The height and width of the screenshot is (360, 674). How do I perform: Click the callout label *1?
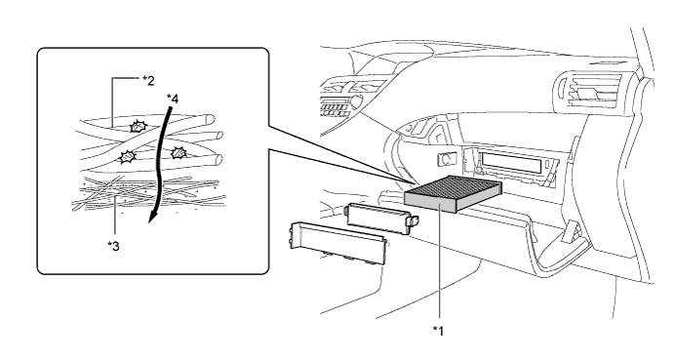pos(438,331)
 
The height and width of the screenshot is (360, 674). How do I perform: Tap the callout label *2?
pos(148,80)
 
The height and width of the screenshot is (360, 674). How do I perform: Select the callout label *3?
pos(113,246)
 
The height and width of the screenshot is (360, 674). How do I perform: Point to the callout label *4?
pos(173,99)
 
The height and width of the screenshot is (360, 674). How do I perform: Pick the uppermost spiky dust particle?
pos(139,127)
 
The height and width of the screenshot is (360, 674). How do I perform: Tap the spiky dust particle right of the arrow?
pos(178,152)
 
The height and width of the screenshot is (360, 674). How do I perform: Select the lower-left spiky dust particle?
pos(127,157)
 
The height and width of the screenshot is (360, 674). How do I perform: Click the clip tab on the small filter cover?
pos(414,221)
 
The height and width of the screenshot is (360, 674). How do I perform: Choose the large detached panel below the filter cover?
pos(337,242)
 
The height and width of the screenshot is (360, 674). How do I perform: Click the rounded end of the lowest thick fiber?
pos(218,159)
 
